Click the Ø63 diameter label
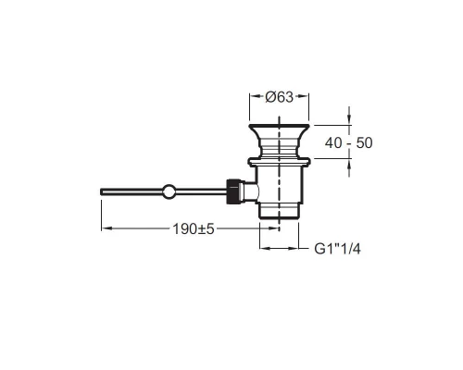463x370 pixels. coord(279,97)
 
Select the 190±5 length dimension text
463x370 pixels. coord(194,229)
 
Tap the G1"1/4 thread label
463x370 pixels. coord(337,249)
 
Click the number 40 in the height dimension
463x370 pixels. coord(333,143)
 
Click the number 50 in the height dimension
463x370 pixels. coord(364,143)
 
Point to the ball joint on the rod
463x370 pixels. coord(169,191)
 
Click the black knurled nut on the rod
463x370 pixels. coord(232,191)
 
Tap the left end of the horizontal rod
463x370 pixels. coord(101,191)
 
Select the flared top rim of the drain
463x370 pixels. coord(279,129)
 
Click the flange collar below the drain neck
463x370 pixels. coord(279,163)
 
